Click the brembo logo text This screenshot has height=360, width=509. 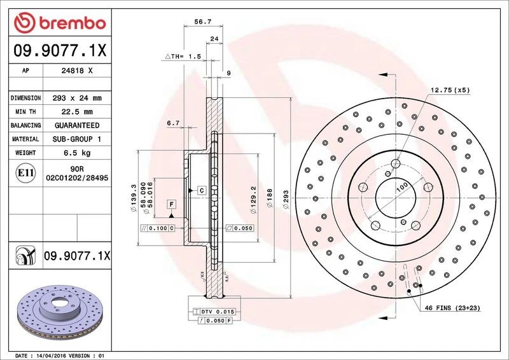[69, 23]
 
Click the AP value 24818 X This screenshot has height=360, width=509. [78, 71]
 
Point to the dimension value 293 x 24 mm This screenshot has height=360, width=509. [78, 99]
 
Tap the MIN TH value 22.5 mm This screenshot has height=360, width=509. [78, 112]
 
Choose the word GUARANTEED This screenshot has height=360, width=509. [78, 125]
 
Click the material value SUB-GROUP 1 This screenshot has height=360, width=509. [78, 139]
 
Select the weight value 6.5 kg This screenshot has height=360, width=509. [78, 153]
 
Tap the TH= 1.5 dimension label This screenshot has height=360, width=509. [186, 57]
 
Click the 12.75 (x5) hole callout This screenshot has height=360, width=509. [450, 90]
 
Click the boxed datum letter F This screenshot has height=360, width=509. [171, 204]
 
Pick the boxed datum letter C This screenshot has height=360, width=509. [200, 191]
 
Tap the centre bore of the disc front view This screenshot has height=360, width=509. [395, 195]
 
